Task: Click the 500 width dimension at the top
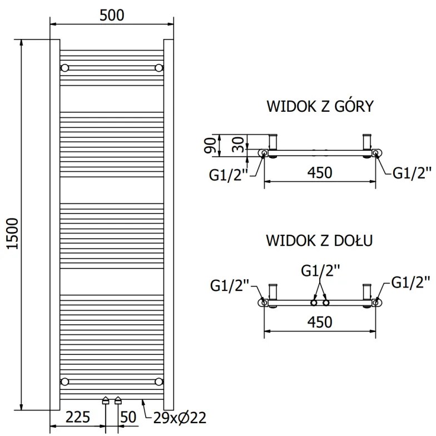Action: tap(112, 15)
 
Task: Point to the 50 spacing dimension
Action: tap(128, 417)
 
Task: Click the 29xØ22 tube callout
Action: tap(175, 417)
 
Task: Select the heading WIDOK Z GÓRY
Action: tap(319, 106)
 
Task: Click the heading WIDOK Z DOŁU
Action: tap(319, 241)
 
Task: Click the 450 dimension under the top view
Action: tap(319, 172)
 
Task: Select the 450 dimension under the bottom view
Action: tap(319, 322)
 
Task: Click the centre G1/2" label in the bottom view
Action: tap(320, 271)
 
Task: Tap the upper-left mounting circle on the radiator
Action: tap(65, 68)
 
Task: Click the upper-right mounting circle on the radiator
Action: tap(160, 68)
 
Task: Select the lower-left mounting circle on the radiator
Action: tap(65, 381)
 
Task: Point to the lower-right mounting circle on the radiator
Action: tap(160, 381)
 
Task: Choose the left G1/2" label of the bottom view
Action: tap(230, 285)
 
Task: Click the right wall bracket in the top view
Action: tap(367, 143)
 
